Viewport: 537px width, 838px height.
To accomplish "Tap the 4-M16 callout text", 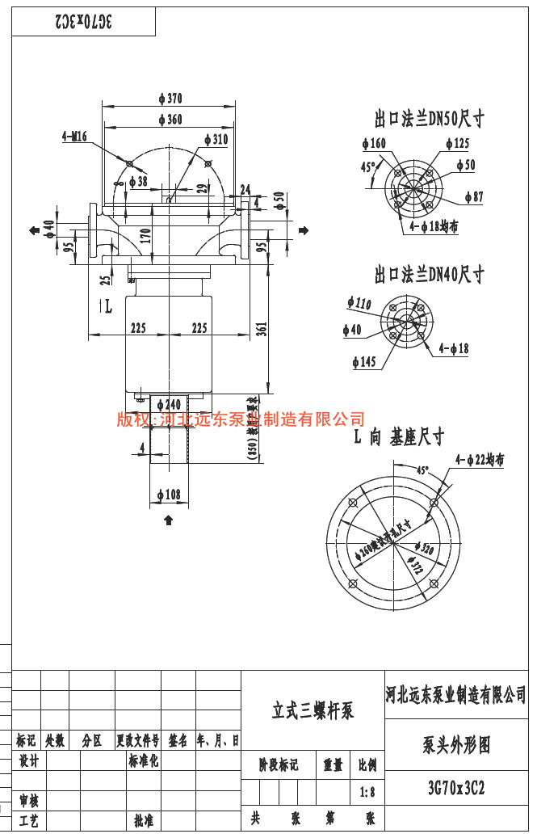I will tap(74, 137).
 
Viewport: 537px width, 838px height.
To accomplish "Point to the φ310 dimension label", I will tap(216, 139).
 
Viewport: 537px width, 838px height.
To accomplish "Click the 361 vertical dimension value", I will tap(262, 328).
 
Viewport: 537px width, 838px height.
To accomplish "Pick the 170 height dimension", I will tap(145, 236).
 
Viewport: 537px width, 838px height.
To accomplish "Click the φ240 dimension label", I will tap(169, 404).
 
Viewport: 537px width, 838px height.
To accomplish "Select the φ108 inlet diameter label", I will tap(169, 495).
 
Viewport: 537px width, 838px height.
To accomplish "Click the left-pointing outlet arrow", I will tap(35, 231).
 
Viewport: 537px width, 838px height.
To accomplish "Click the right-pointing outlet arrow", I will tap(304, 231).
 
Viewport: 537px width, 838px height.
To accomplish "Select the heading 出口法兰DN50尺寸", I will tap(429, 120).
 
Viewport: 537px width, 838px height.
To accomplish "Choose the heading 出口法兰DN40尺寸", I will tap(429, 275).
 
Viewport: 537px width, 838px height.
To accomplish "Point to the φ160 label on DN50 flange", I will tap(375, 144).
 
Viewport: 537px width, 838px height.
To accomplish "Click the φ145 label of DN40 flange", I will tap(365, 361).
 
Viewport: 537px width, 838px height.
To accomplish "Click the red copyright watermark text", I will tap(241, 419).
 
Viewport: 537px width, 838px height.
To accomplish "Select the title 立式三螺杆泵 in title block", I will tap(313, 711).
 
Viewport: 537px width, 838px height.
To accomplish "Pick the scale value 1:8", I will tap(367, 793).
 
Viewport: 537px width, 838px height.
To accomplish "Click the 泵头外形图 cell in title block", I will tap(456, 745).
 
